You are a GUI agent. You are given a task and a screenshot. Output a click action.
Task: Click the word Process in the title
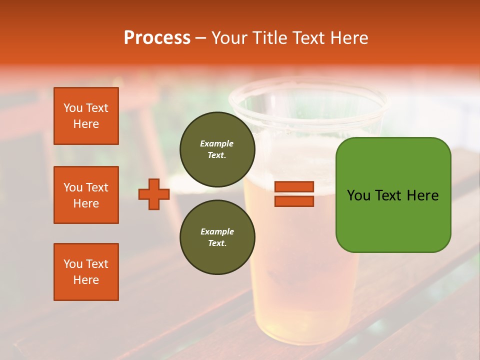[x=157, y=38]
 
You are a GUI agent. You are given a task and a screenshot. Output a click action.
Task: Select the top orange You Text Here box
[x=86, y=116]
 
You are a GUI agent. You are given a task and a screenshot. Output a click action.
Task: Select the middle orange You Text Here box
[x=86, y=195]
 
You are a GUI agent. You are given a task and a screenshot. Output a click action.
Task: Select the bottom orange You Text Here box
[x=86, y=272]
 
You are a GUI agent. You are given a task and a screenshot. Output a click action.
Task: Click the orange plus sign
[x=154, y=194]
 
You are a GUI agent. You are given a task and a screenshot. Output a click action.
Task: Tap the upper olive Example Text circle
[x=217, y=149]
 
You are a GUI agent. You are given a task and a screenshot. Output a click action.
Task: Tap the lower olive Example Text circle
[x=217, y=237]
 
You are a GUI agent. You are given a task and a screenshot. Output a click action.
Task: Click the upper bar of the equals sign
[x=294, y=187]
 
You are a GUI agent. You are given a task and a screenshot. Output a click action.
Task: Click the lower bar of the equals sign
[x=294, y=201]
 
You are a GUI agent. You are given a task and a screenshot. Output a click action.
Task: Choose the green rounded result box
[x=393, y=195]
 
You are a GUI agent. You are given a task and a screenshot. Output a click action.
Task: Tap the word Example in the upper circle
[x=216, y=143]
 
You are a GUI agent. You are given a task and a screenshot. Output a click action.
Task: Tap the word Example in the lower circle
[x=217, y=231]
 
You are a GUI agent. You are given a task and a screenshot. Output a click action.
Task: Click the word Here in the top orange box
[x=86, y=124]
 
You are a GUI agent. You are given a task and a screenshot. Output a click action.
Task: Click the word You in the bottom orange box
[x=73, y=264]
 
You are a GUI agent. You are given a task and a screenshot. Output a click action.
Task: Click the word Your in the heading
[x=230, y=38]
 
